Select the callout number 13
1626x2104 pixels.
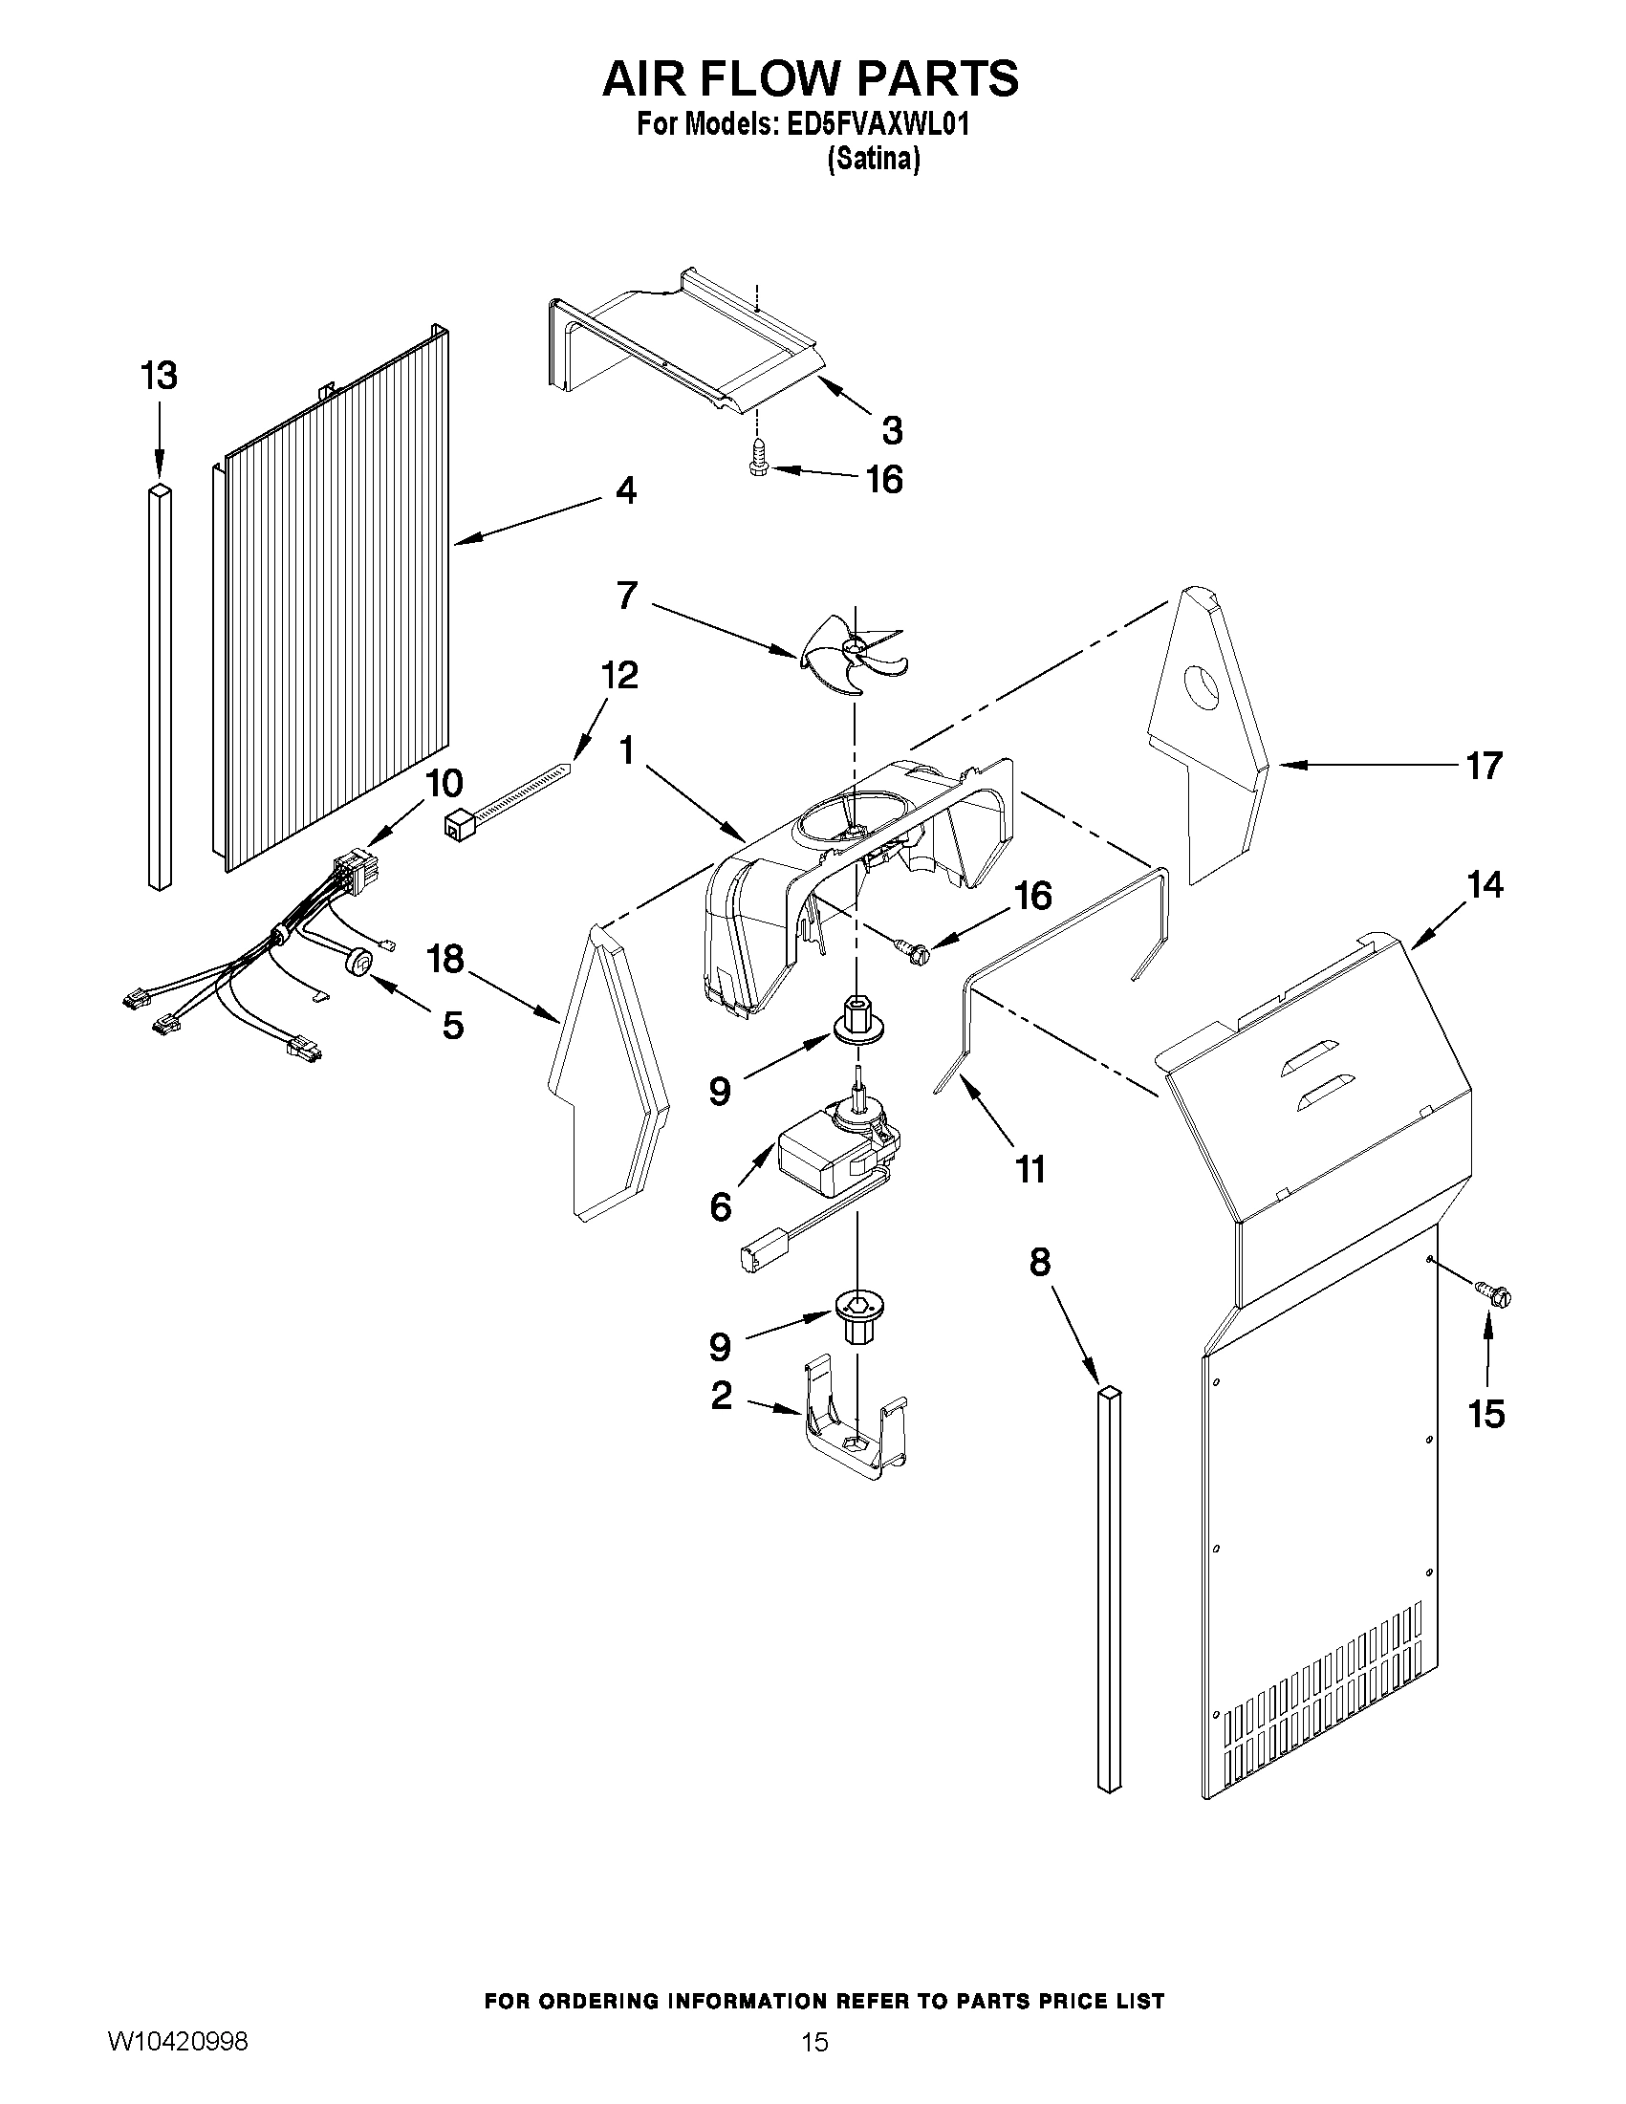click(159, 376)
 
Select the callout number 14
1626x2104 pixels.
click(1485, 884)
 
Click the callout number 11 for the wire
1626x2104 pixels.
click(1030, 1169)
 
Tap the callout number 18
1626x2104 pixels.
click(446, 959)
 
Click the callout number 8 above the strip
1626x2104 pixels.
click(1039, 1262)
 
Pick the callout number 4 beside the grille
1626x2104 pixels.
click(625, 491)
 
